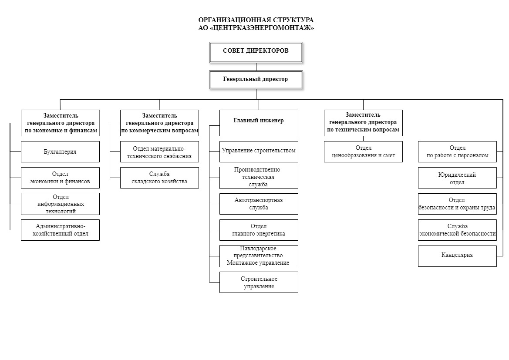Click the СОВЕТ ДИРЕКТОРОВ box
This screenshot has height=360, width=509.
(256, 52)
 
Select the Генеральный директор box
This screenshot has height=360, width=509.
(256, 80)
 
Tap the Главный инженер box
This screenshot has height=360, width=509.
(259, 123)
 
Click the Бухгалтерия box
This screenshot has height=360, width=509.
(61, 151)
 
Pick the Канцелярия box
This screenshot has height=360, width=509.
(457, 256)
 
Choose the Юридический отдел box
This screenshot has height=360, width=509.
(457, 178)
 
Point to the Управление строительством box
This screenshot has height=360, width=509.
(259, 151)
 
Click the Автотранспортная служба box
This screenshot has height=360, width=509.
(259, 204)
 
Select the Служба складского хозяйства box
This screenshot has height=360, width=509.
(159, 178)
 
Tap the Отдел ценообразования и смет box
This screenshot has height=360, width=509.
(363, 151)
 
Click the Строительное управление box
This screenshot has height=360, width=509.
(259, 283)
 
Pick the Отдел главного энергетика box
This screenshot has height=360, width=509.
(259, 230)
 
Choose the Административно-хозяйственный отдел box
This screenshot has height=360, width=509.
(61, 230)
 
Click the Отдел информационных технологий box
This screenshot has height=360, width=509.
(61, 204)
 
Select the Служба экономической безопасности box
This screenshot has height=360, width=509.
(457, 230)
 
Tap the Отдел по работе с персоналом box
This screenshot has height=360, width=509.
(457, 151)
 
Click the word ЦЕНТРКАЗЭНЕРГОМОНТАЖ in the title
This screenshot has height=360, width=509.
(261, 28)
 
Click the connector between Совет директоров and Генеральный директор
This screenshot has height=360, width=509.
(256, 67)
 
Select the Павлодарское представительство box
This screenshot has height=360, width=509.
(259, 256)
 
